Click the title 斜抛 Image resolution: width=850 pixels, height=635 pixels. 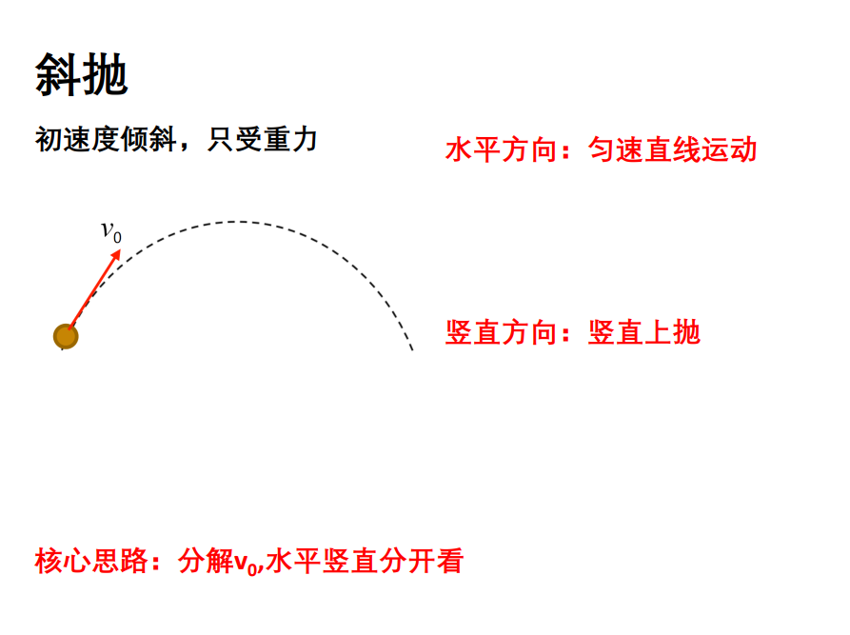coord(81,75)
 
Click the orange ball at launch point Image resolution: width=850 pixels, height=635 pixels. coord(66,336)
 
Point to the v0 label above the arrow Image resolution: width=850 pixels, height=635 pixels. coord(111,232)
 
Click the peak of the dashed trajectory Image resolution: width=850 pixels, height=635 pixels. coord(236,222)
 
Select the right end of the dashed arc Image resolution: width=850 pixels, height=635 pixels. coord(412,349)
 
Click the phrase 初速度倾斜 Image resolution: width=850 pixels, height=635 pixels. coord(106,140)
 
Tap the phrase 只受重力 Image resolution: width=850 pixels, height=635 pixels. coord(263,140)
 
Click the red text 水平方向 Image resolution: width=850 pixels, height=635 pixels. coord(502,149)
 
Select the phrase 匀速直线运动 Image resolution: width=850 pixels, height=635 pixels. coord(672,149)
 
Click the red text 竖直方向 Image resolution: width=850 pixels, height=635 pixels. coord(502,332)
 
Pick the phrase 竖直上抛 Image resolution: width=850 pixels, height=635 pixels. coord(644,332)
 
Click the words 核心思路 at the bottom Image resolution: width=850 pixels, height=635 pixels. coord(91,561)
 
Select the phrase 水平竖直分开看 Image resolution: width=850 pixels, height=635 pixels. coord(365,561)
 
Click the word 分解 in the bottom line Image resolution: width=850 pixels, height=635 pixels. coord(206,561)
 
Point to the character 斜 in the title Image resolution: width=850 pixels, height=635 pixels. coord(58,75)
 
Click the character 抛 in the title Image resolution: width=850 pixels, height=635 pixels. coord(105,75)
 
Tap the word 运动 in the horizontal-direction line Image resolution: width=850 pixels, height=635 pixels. coord(729,149)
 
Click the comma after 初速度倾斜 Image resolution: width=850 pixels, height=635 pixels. coord(186,147)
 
